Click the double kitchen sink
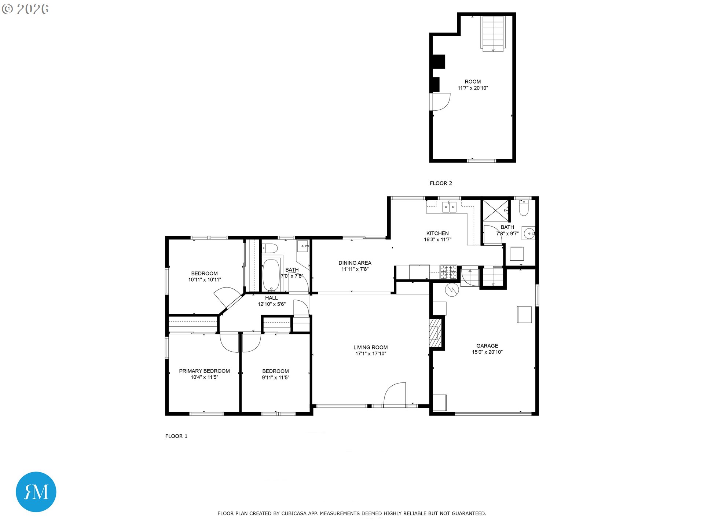tap(449, 207)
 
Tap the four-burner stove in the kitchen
tap(448, 272)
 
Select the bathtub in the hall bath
tap(271, 275)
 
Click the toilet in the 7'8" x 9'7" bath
tap(524, 208)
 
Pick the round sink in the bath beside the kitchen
tap(529, 233)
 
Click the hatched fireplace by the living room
tap(435, 333)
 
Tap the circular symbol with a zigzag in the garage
tap(452, 290)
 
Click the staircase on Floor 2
tap(493, 33)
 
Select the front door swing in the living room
tap(394, 394)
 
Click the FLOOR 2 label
tap(441, 183)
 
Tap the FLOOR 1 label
tap(176, 436)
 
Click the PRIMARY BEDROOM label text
tap(204, 371)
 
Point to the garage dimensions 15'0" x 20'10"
tap(487, 352)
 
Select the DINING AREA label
tap(355, 263)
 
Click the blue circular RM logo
tap(36, 492)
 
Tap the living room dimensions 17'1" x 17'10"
tap(371, 354)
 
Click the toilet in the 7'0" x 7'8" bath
tap(269, 248)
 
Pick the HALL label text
tap(271, 298)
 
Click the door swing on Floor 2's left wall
tap(440, 102)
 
